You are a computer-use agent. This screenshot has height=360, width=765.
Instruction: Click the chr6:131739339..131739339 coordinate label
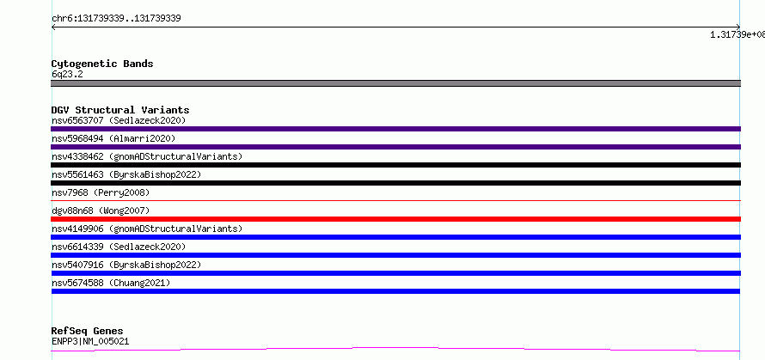click(116, 19)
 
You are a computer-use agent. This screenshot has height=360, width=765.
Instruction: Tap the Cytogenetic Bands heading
click(102, 64)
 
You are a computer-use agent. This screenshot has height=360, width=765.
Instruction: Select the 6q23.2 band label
click(67, 74)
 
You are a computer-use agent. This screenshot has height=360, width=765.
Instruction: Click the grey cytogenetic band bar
click(395, 83)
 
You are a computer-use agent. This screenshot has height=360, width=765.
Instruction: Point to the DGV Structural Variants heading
click(120, 110)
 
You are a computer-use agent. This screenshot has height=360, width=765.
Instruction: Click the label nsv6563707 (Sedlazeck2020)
click(119, 120)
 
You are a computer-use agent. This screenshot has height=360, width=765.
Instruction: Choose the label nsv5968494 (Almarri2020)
click(113, 138)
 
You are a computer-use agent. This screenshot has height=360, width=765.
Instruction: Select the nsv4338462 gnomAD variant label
click(147, 156)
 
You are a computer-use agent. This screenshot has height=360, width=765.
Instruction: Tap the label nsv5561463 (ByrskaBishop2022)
click(126, 174)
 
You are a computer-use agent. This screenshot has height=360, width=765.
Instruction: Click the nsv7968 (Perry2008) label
click(101, 192)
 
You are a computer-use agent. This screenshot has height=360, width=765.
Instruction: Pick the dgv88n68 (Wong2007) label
click(101, 211)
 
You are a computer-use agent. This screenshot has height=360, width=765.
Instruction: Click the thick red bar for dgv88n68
click(395, 219)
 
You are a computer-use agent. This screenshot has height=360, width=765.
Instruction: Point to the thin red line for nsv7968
click(395, 200)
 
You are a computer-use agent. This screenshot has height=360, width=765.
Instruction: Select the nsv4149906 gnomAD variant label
click(147, 229)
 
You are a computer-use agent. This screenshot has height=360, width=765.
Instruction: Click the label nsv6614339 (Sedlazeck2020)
click(119, 247)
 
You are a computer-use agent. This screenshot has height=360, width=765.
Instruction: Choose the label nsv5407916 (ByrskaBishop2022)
click(126, 265)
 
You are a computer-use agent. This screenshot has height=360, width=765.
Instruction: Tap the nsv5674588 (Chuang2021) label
click(111, 283)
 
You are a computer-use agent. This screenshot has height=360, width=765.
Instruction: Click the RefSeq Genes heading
click(88, 332)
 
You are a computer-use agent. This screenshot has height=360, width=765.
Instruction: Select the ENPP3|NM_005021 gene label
click(90, 341)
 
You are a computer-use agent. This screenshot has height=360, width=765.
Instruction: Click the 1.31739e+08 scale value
click(737, 34)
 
